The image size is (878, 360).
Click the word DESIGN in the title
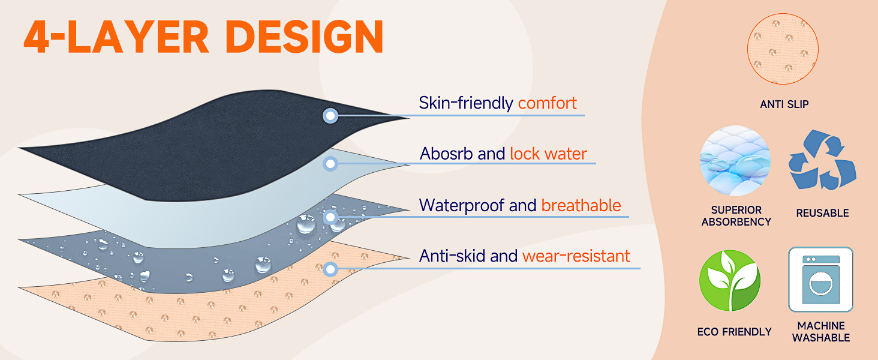(x=304, y=37)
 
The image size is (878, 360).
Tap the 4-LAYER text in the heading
(x=116, y=37)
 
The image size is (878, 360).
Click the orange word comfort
(x=547, y=103)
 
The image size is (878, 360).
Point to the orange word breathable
(x=581, y=205)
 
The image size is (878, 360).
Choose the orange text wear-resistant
(x=576, y=256)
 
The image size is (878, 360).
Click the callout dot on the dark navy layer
(x=330, y=116)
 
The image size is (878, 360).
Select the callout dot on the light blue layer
(x=330, y=164)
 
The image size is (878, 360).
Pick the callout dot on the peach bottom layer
(x=331, y=269)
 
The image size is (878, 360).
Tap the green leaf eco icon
(x=730, y=280)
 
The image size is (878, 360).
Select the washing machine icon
(x=821, y=279)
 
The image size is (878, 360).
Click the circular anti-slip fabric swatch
(x=783, y=49)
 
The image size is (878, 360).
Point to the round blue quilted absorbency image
(x=735, y=161)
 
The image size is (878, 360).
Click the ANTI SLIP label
(x=784, y=104)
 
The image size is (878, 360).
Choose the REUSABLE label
(x=822, y=213)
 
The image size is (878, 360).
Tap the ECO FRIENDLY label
(x=734, y=332)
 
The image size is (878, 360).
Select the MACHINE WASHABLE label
(x=821, y=332)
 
